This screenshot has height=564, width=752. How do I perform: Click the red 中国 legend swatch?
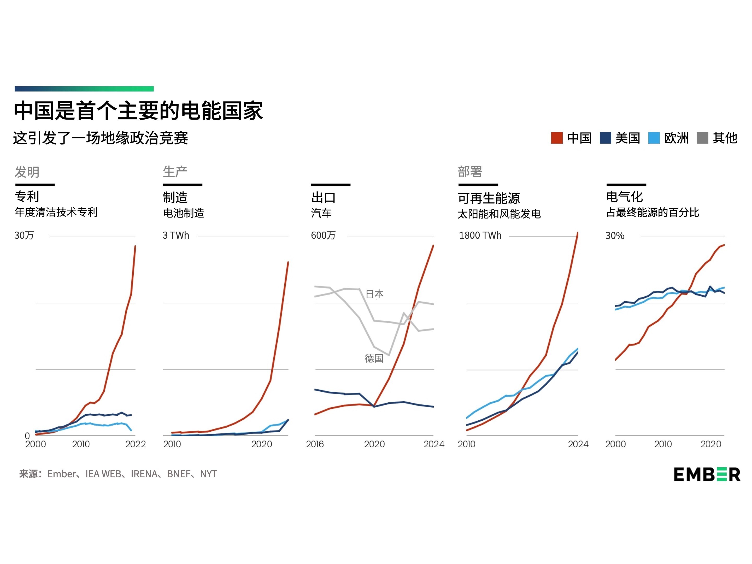(x=556, y=138)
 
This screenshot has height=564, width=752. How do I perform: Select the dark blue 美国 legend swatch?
(x=605, y=138)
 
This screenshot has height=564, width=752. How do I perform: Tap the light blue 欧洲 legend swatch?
(x=654, y=138)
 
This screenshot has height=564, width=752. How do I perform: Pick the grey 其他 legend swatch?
(x=702, y=138)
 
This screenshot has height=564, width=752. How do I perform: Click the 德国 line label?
(x=374, y=358)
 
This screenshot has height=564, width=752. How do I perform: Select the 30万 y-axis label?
(x=24, y=235)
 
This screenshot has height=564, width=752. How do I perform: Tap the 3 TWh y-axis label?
(x=176, y=235)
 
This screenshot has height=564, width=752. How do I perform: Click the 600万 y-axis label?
(x=323, y=235)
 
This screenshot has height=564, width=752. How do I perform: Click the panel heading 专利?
(x=27, y=197)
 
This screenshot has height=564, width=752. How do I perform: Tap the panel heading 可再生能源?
(x=489, y=198)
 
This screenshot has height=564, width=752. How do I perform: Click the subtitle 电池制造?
(x=184, y=213)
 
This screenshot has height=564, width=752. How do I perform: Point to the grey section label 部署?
(x=470, y=172)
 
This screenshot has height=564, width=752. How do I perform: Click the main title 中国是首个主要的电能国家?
(x=138, y=111)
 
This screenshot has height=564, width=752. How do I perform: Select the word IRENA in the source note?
(x=144, y=474)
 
